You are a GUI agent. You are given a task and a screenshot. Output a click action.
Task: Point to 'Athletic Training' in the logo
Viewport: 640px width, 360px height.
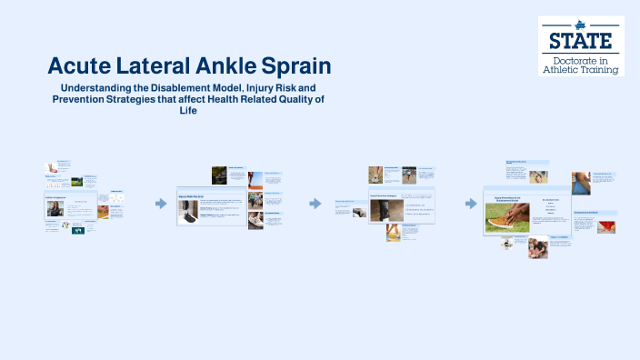tap(581, 69)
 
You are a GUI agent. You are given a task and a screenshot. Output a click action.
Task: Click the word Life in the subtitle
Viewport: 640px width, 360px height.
tap(188, 111)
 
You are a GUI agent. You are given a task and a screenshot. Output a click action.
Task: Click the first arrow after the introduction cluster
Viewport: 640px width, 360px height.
tap(161, 204)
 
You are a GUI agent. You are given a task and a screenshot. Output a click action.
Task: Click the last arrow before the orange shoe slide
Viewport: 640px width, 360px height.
tap(471, 204)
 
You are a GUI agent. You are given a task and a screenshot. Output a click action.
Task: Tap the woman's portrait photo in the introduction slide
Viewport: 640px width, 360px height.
tap(54, 208)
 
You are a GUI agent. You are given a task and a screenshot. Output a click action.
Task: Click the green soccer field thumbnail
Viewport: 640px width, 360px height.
tap(77, 182)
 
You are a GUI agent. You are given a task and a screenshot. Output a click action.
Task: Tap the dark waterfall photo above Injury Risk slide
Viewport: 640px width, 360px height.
tap(219, 175)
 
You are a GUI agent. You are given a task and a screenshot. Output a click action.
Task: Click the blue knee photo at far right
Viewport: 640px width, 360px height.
tap(580, 183)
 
